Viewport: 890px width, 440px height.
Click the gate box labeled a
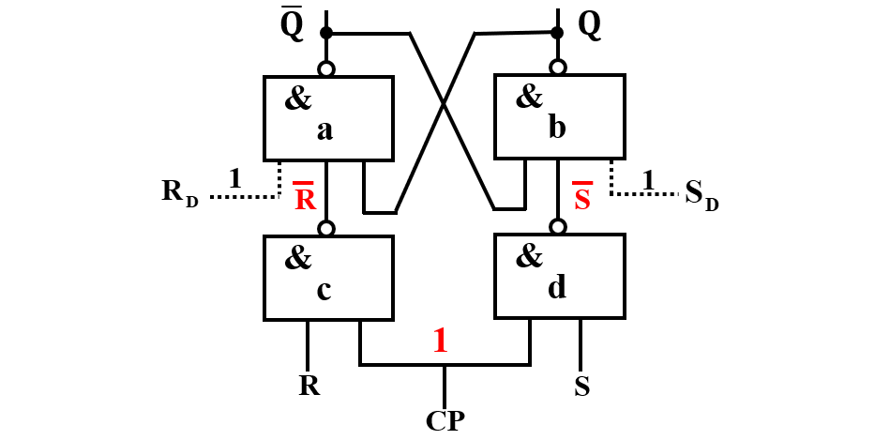click(x=328, y=118)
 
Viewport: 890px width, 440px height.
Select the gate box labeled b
click(x=559, y=116)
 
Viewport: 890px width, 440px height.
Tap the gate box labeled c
click(x=328, y=277)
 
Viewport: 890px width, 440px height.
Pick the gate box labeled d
click(x=559, y=276)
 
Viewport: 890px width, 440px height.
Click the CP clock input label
click(x=445, y=419)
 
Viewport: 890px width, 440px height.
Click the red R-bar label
click(x=305, y=198)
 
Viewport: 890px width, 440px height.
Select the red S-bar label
click(x=582, y=198)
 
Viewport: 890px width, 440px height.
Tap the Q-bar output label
click(x=292, y=26)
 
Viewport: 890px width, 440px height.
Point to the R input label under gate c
click(x=309, y=385)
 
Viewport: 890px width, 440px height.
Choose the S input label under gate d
click(x=581, y=386)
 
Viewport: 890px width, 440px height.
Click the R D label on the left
click(x=179, y=192)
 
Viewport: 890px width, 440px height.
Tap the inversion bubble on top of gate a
click(x=326, y=69)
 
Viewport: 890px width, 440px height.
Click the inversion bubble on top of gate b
click(x=558, y=68)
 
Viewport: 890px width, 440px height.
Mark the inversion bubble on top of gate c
click(x=326, y=228)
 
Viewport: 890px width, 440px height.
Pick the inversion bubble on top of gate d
click(x=558, y=227)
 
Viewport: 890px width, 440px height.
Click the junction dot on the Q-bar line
click(x=326, y=34)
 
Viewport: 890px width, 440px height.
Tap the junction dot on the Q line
click(x=558, y=34)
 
